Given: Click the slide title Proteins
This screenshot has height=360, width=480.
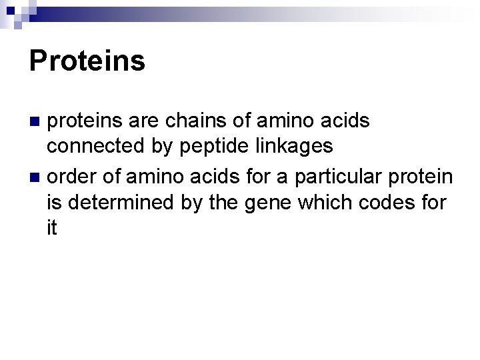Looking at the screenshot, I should coord(87,61).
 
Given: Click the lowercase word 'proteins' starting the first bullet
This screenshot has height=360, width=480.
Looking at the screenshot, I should coord(90,122).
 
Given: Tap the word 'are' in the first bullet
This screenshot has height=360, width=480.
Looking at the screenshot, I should coord(149,122).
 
